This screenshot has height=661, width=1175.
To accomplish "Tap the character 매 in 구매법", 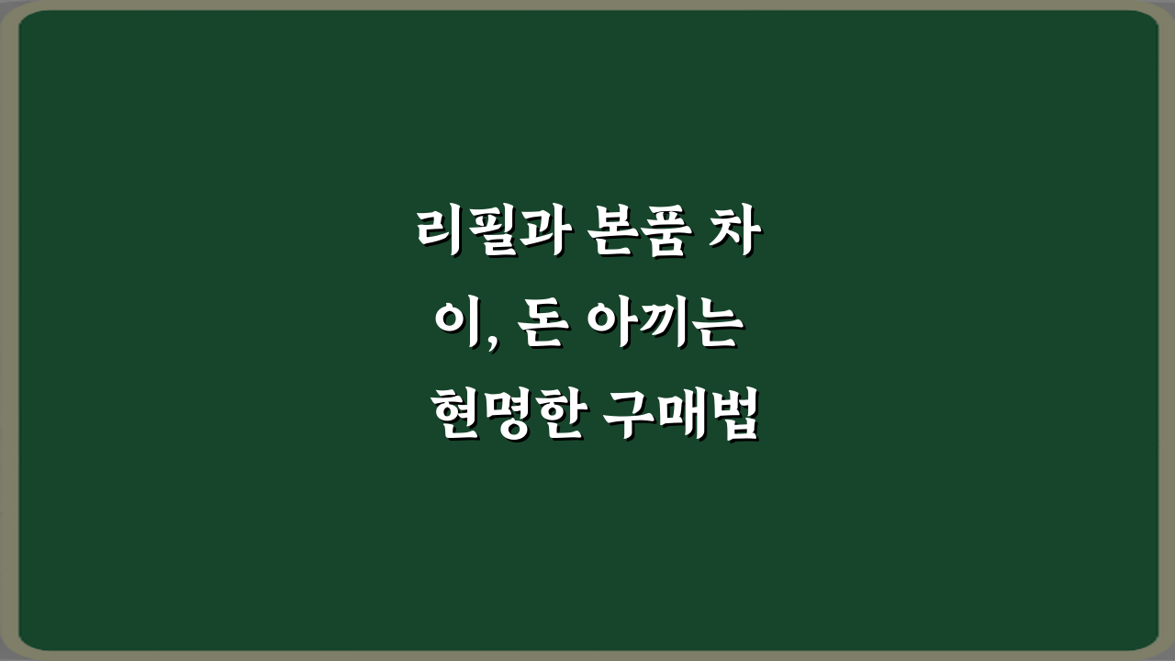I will pos(682,419).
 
